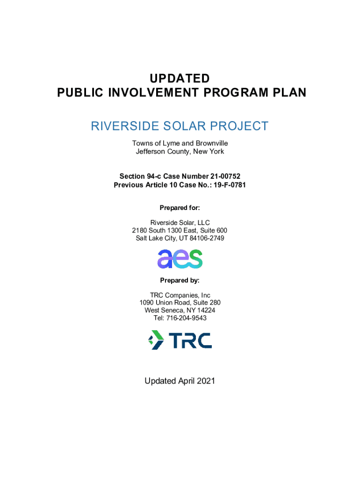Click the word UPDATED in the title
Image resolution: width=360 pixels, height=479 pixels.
tap(180, 79)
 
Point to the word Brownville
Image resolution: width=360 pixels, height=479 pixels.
tap(212, 143)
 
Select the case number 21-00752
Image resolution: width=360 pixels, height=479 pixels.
tap(225, 176)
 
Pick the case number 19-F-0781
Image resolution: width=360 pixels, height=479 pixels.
tap(230, 185)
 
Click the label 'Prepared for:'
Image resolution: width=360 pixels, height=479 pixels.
tap(180, 208)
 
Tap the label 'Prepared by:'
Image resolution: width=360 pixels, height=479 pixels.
tap(180, 281)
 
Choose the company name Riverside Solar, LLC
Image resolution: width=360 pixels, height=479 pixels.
tap(180, 223)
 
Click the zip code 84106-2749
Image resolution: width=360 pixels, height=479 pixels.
tap(207, 238)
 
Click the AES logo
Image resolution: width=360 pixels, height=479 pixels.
tap(180, 259)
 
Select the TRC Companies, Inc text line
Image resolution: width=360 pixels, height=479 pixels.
tap(180, 296)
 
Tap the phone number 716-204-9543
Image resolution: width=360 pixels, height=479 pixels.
tap(186, 318)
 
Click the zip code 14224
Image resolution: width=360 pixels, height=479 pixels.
tap(206, 311)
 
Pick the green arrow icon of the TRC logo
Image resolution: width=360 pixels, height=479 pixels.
tap(156, 340)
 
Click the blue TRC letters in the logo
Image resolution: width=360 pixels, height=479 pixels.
tap(191, 341)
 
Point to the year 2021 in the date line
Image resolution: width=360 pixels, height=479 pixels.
tap(206, 381)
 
